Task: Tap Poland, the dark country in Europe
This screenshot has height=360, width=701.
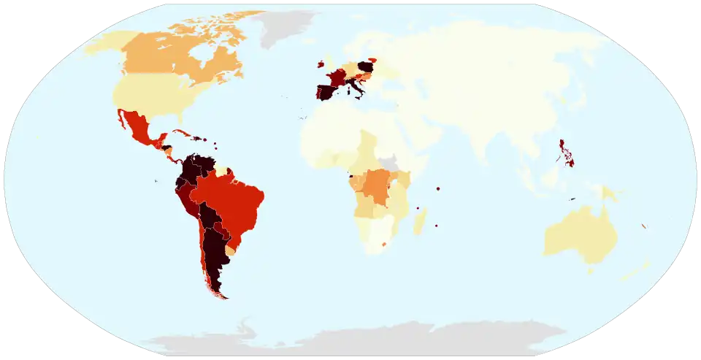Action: pyautogui.click(x=366, y=67)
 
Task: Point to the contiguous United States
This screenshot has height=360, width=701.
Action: pyautogui.click(x=150, y=95)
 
